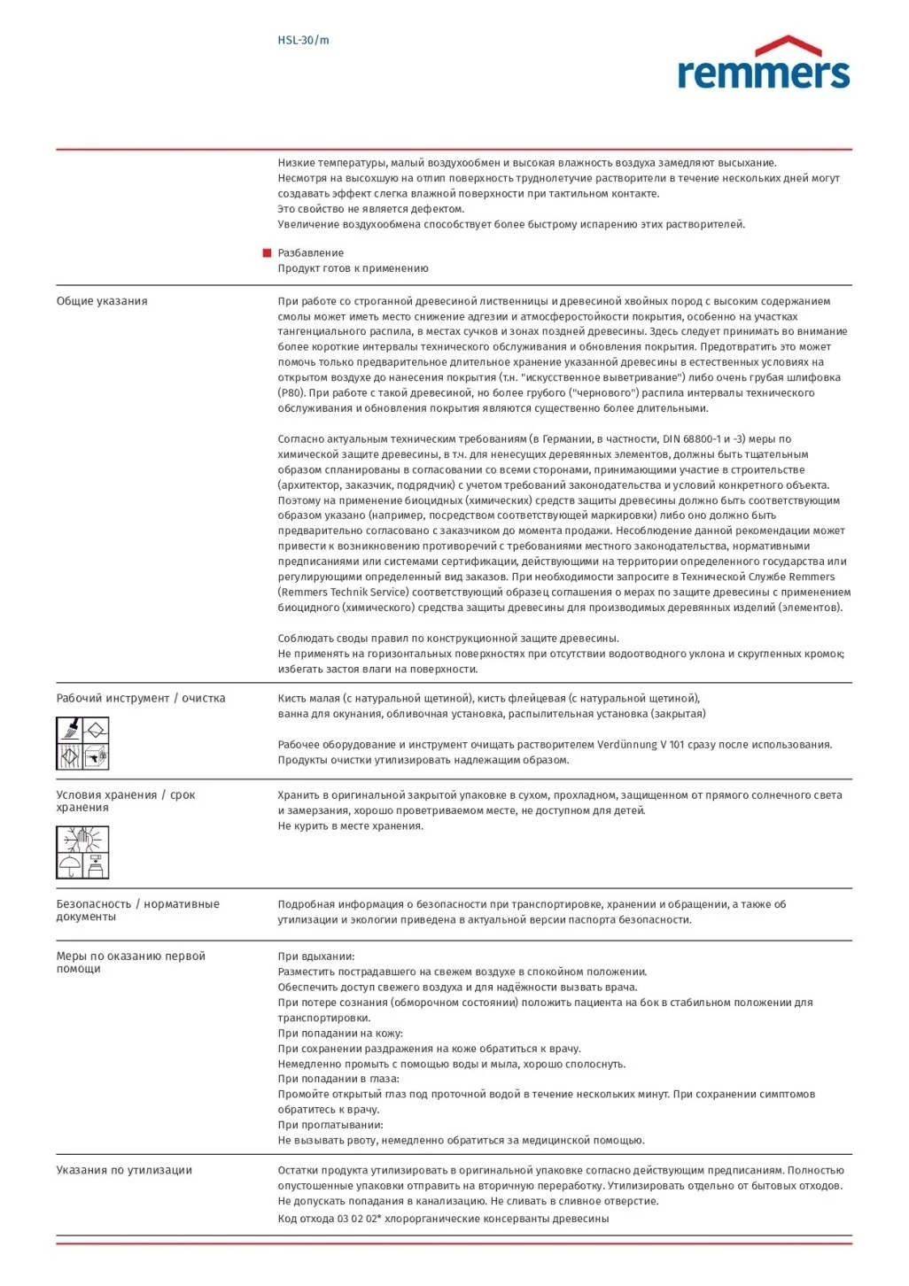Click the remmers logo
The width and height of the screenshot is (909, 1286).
coord(763,64)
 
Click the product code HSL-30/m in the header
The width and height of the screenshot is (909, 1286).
coord(303,40)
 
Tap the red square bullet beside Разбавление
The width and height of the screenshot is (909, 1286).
coord(267,253)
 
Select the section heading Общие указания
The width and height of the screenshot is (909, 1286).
coord(102,301)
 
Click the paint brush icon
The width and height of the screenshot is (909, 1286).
coord(70,730)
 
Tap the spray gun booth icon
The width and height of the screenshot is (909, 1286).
coord(96,756)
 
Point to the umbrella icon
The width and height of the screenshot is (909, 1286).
coord(69,865)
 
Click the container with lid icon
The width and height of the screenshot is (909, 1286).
coord(97,865)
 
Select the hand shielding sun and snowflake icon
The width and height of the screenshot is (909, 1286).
coord(82,839)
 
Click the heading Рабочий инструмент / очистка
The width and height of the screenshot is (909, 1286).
coord(141,698)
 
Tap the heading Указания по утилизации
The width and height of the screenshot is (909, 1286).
coord(124,1170)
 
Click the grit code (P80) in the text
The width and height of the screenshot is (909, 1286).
coord(291,393)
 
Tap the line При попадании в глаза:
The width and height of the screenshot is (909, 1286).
coord(338,1079)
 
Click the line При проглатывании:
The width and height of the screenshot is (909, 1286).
coord(330,1125)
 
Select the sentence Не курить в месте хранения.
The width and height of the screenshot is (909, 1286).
coord(351,826)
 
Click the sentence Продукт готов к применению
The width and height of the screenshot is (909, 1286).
coord(353,268)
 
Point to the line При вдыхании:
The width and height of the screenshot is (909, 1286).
coord(316,957)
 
